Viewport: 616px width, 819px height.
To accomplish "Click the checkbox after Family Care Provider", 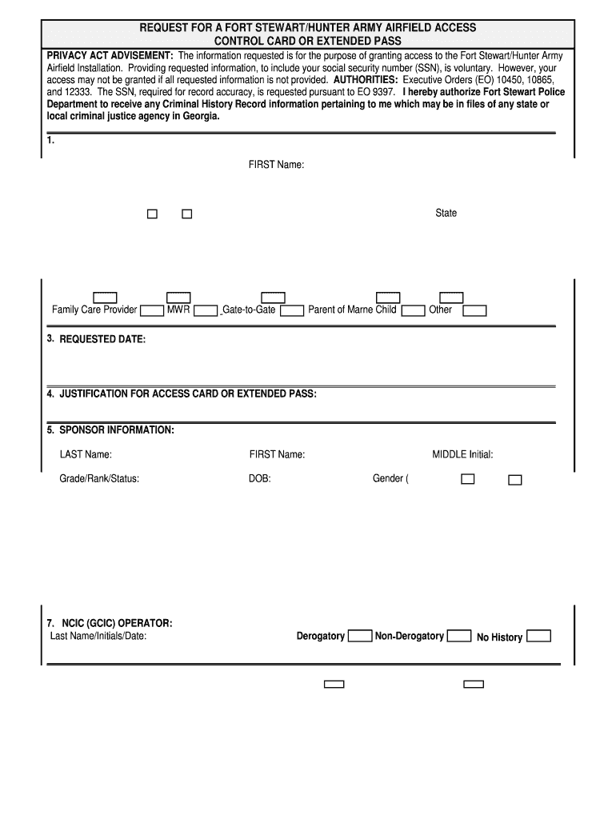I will click(x=152, y=311).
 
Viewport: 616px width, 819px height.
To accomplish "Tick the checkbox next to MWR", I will click(x=206, y=311).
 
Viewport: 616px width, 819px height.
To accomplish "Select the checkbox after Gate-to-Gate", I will click(x=293, y=311).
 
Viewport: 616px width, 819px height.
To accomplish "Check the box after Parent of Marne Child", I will click(x=413, y=311).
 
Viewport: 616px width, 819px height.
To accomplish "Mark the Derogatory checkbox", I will click(x=360, y=637).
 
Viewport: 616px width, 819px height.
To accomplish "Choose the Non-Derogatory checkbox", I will click(x=458, y=637).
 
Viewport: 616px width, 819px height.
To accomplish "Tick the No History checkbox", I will click(x=539, y=637).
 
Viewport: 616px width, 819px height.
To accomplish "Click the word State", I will click(x=446, y=214).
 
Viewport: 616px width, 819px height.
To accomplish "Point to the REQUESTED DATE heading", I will click(x=102, y=339).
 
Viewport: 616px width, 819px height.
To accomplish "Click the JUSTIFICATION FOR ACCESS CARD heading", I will click(x=188, y=394).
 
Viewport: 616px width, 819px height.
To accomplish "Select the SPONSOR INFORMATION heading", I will click(x=116, y=430).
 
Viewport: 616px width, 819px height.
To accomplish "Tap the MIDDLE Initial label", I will click(x=462, y=455).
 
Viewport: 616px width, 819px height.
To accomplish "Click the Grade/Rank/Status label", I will click(x=99, y=479).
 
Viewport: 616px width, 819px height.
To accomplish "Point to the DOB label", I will click(x=260, y=479).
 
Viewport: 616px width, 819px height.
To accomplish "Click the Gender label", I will click(x=390, y=479).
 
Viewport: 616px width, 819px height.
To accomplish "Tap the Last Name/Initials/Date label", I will click(x=98, y=637).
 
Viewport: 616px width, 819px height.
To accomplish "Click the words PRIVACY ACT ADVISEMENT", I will click(x=110, y=56).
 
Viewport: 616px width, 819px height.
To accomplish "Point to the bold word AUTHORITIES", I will click(x=366, y=81).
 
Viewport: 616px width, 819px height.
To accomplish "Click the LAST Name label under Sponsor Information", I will click(x=86, y=455).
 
